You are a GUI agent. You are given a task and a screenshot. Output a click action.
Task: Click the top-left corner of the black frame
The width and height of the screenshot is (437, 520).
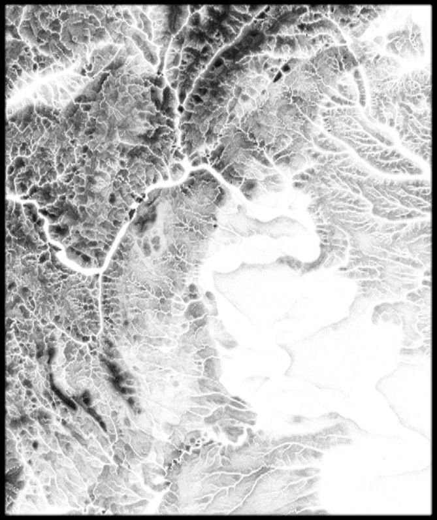(x=2, y=2)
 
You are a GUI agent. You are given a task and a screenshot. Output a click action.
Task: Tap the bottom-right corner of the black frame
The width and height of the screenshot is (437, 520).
(x=434, y=517)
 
